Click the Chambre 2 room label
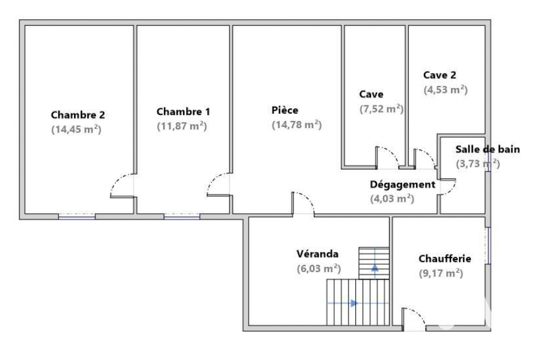pyautogui.click(x=78, y=114)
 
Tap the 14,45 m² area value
pyautogui.click(x=76, y=129)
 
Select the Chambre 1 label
pyautogui.click(x=183, y=111)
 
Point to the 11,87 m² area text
pyautogui.click(x=182, y=126)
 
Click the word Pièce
pyautogui.click(x=285, y=110)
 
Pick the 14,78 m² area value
pyautogui.click(x=297, y=125)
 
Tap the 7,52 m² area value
pyautogui.click(x=381, y=109)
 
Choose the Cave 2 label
pyautogui.click(x=440, y=75)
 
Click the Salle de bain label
pyautogui.click(x=488, y=149)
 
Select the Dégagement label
pyautogui.click(x=403, y=185)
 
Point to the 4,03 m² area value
pyautogui.click(x=392, y=199)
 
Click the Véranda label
pyautogui.click(x=317, y=254)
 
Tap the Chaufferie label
pyautogui.click(x=444, y=259)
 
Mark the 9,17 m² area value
pyautogui.click(x=441, y=273)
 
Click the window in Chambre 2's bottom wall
pyautogui.click(x=77, y=216)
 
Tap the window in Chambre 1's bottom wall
pyautogui.click(x=182, y=216)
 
